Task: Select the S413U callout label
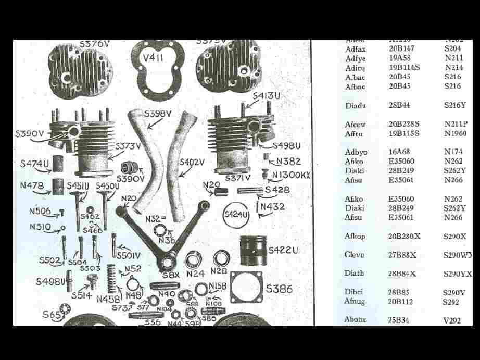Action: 267,96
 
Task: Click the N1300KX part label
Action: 290,175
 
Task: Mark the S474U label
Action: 34,164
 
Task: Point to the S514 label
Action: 82,295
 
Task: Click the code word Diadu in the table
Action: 356,106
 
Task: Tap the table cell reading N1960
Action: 456,133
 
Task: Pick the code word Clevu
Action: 354,255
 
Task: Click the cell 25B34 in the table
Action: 399,320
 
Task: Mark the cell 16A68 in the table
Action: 399,152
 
